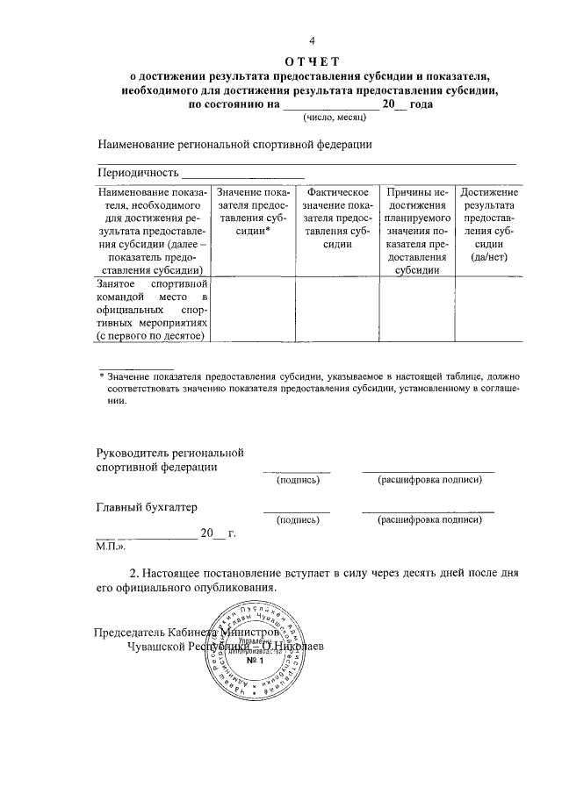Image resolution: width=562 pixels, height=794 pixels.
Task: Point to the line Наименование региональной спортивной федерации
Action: coord(235,144)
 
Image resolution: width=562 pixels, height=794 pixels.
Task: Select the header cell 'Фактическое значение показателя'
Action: coord(337,218)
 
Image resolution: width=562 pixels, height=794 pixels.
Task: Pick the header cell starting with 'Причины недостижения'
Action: coord(417,231)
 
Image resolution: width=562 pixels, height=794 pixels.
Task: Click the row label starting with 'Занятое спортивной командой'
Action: coord(151,310)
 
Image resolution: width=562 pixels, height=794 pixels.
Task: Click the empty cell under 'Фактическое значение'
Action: coord(337,310)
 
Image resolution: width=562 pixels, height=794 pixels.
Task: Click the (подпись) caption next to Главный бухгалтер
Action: coord(298,520)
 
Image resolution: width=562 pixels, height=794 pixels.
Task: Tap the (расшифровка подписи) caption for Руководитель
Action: coord(429,481)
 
